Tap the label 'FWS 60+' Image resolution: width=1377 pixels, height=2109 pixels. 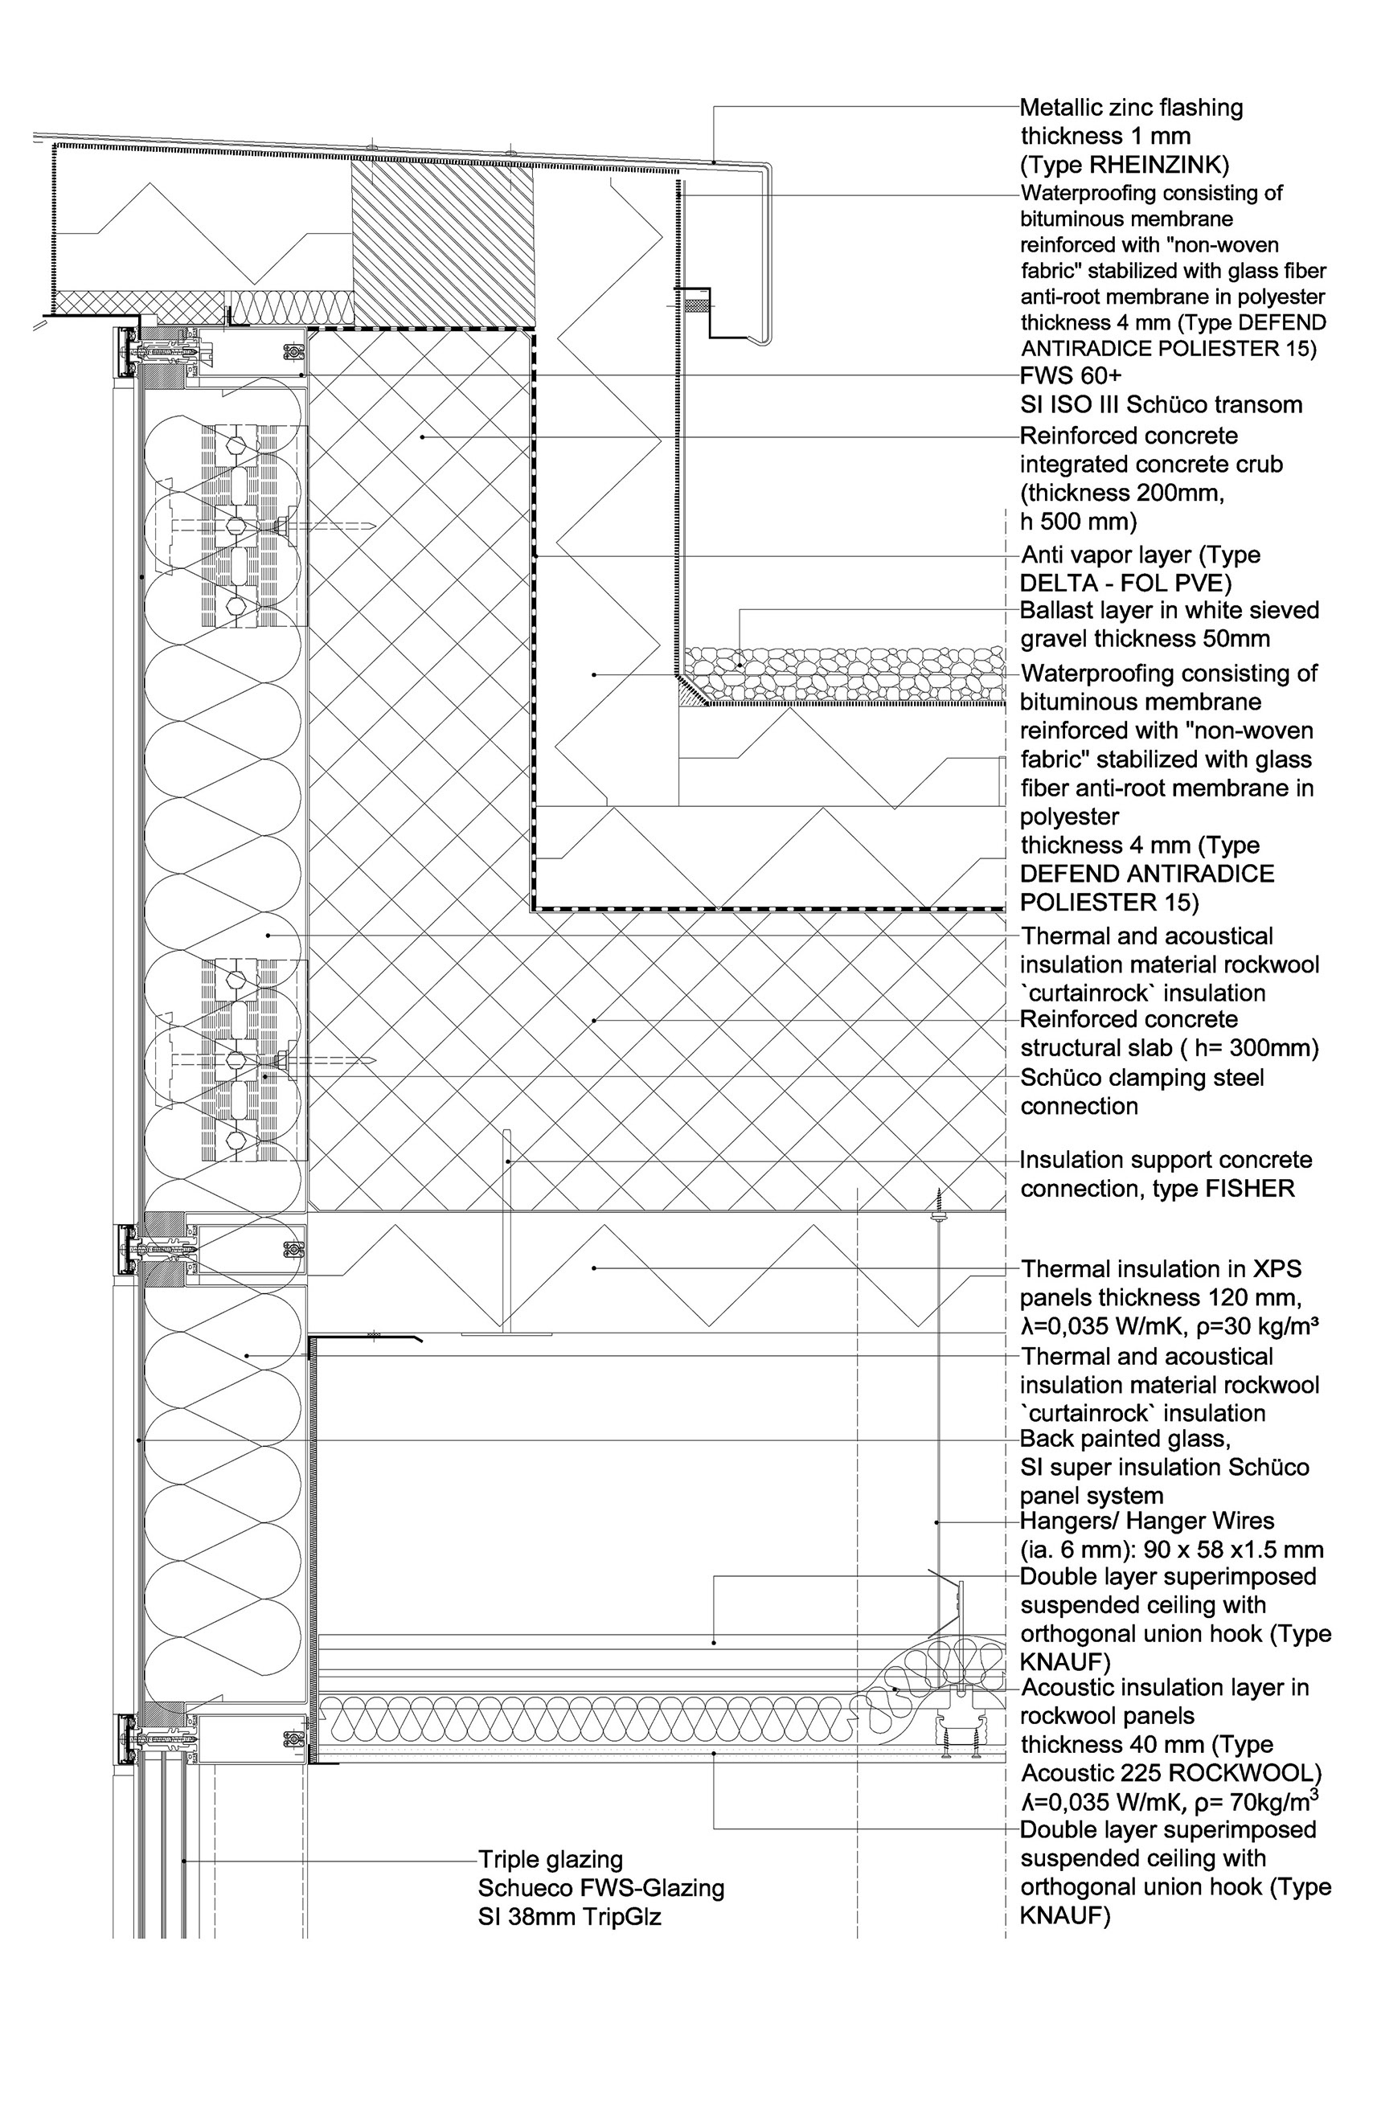1071,375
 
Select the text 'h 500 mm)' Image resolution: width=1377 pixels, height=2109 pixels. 1077,521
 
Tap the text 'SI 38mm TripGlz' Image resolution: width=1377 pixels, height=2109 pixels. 569,1917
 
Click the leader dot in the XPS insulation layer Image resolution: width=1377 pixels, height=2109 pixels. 594,1268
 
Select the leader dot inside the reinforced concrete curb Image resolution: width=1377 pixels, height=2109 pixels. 423,436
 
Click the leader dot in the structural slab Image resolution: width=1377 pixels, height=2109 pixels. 594,1021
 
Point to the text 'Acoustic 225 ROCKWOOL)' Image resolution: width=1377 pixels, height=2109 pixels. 1170,1772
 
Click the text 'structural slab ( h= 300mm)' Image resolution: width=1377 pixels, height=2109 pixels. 1169,1047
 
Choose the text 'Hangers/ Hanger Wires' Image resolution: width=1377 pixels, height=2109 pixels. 1146,1521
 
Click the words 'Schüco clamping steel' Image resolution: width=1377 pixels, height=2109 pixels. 1142,1078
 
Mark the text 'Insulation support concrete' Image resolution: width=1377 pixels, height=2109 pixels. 1166,1160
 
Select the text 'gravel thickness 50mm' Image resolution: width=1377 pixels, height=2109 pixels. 1145,639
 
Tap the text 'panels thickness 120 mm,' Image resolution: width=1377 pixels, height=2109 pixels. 1160,1297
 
